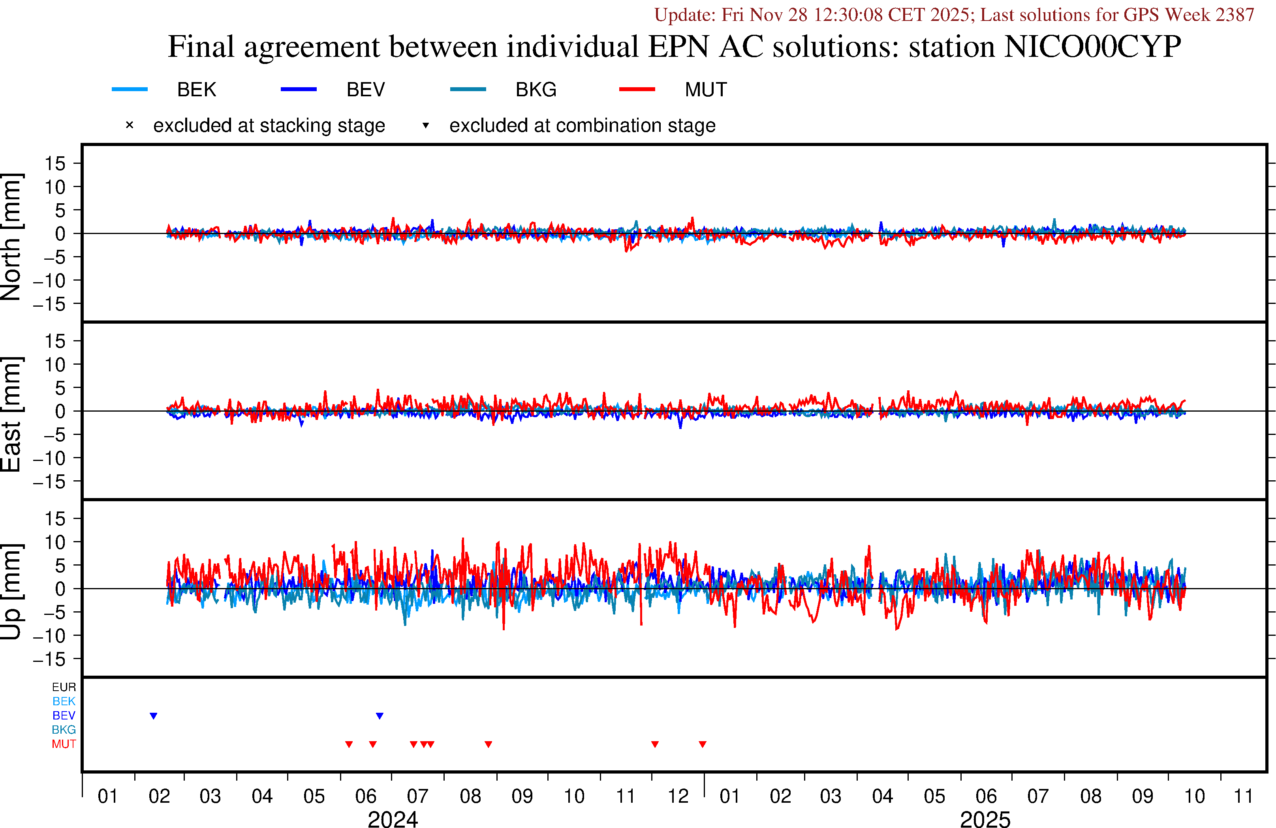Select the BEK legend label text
[x=196, y=90]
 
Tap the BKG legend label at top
[x=536, y=90]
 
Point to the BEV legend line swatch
[x=299, y=89]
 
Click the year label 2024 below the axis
[x=393, y=819]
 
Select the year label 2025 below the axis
[x=985, y=819]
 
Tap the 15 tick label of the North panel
[x=54, y=163]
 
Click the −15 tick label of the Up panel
[x=49, y=659]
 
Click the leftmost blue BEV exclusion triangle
[x=153, y=716]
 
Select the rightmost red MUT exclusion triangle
[x=702, y=744]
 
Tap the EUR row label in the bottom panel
[x=64, y=687]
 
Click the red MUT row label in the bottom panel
[x=64, y=744]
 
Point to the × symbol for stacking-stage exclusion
[x=129, y=126]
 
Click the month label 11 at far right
[x=1243, y=796]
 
